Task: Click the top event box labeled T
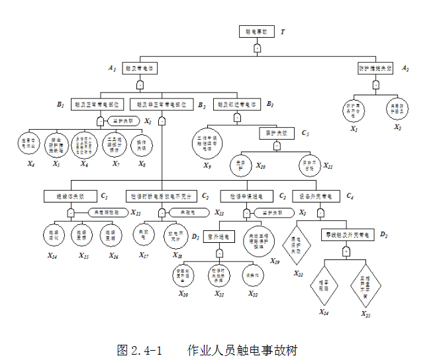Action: pos(256,32)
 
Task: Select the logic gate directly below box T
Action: pos(257,49)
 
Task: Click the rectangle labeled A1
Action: pos(140,68)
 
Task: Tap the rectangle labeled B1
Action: pos(98,105)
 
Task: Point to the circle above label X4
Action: pos(29,143)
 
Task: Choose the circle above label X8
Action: pos(142,144)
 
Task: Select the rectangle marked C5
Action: pos(276,133)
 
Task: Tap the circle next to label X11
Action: pos(304,164)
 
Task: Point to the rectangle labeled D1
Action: pos(221,235)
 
